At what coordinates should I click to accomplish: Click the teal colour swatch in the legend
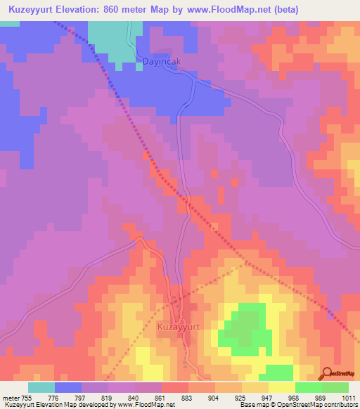tap(41, 387)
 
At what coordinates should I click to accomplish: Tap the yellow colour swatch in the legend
tap(281, 387)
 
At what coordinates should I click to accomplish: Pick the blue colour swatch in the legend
tap(68, 387)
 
